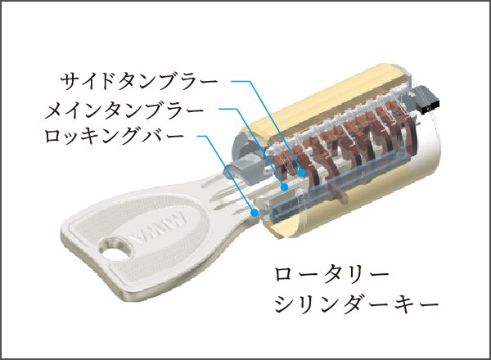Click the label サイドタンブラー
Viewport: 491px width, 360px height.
[139, 82]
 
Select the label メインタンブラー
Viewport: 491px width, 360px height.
[124, 110]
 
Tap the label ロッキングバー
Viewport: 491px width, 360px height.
[114, 136]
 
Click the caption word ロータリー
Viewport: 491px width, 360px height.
[331, 275]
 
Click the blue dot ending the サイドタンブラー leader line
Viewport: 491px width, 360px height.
[301, 172]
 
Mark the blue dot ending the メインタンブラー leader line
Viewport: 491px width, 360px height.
[284, 187]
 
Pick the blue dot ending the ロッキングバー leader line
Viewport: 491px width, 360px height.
[255, 213]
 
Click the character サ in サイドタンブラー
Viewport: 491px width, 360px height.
[70, 82]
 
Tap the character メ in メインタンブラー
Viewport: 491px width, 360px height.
[55, 110]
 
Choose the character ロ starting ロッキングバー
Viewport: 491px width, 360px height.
[53, 137]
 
